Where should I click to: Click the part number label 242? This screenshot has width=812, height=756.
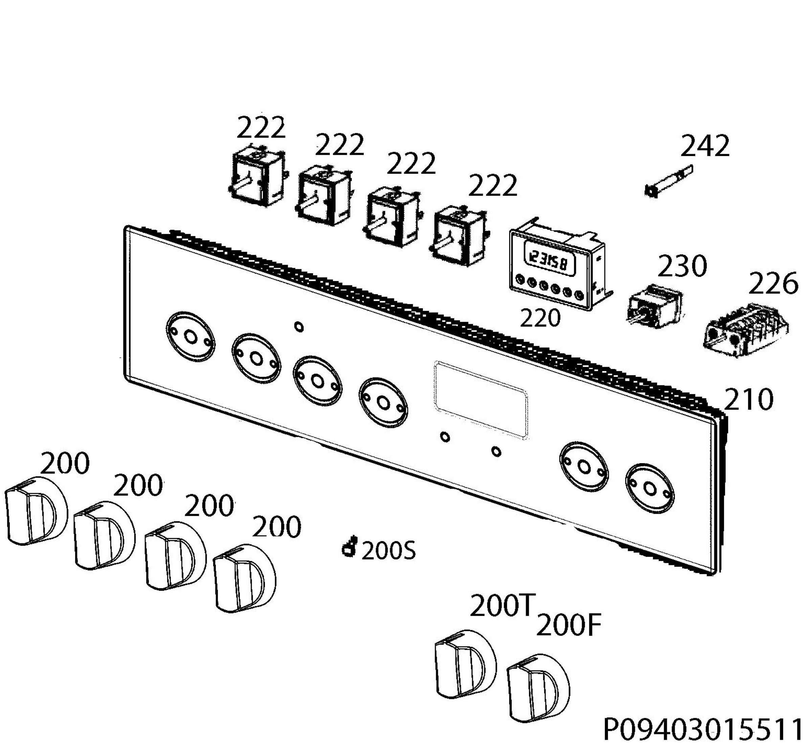pos(705,146)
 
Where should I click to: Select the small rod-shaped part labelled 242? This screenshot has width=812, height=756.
pos(668,181)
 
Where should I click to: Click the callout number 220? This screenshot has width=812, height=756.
pos(540,318)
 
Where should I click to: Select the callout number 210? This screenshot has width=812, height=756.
pos(749,399)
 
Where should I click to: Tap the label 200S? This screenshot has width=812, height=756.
pos(389,551)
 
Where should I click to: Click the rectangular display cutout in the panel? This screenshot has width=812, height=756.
pos(481,399)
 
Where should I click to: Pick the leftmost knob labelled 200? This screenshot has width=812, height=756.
pos(36,511)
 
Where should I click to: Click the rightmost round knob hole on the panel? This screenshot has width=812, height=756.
pos(650,488)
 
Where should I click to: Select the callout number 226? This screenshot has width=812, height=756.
pos(773,283)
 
